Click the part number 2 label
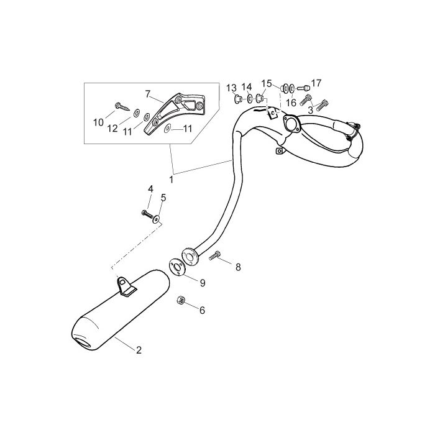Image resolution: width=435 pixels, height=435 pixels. tap(139, 350)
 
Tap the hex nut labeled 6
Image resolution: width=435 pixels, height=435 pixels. tap(181, 300)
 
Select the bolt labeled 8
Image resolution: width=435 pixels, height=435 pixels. tap(215, 255)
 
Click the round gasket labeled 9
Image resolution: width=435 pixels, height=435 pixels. tap(176, 267)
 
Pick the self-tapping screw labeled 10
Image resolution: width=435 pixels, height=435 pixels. tap(122, 107)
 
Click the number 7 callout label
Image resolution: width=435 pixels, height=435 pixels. tap(148, 94)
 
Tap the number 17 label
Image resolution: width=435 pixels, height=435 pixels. tap(316, 83)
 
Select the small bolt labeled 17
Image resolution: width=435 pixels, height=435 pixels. tap(303, 88)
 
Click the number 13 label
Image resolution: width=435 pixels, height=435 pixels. tap(231, 88)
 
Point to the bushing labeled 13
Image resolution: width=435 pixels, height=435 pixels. tap(238, 99)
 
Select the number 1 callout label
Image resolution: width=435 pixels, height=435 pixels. tap(171, 180)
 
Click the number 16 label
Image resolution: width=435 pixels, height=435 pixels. tap(291, 103)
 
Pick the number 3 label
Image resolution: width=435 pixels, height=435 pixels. tap(311, 110)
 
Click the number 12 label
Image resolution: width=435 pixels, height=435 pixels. tap(112, 128)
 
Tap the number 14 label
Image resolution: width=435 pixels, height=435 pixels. tap(247, 87)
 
